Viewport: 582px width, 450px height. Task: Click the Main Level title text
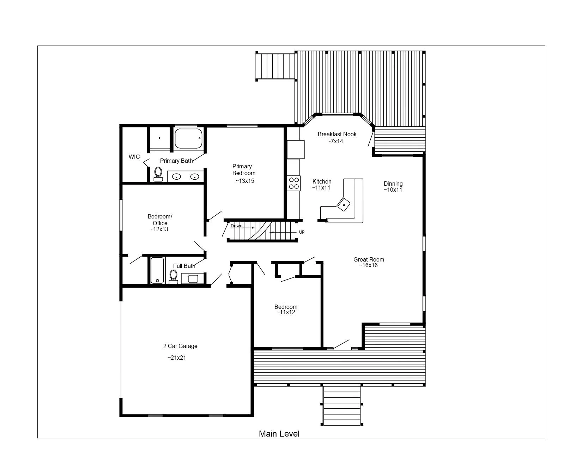point(279,433)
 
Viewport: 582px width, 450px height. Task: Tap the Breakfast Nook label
point(337,134)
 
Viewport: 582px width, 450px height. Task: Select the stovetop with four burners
point(294,183)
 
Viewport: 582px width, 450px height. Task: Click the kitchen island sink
point(344,205)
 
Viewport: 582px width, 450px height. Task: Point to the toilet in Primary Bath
point(158,174)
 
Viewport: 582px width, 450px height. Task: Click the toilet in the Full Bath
point(174,277)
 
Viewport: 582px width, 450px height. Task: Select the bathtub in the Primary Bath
point(189,138)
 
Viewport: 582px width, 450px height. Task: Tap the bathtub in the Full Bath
point(157,270)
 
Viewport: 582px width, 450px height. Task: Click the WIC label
point(134,157)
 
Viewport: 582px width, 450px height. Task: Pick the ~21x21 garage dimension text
point(177,358)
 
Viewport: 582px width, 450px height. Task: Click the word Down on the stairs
point(236,226)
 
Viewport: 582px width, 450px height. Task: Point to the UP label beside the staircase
point(302,232)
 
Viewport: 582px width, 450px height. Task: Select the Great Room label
point(369,259)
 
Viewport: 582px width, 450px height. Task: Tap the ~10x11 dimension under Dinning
point(393,190)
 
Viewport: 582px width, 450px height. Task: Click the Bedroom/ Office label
point(160,220)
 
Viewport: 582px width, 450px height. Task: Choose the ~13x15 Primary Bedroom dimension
point(245,181)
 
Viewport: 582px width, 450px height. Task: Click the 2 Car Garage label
point(180,346)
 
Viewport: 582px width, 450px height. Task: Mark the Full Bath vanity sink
point(193,279)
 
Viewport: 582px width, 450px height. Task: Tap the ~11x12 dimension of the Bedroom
point(286,312)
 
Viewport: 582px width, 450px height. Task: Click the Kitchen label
point(322,181)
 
